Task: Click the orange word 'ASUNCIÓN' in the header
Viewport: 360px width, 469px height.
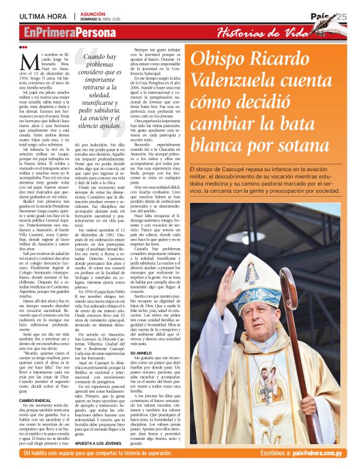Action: pos(99,13)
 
